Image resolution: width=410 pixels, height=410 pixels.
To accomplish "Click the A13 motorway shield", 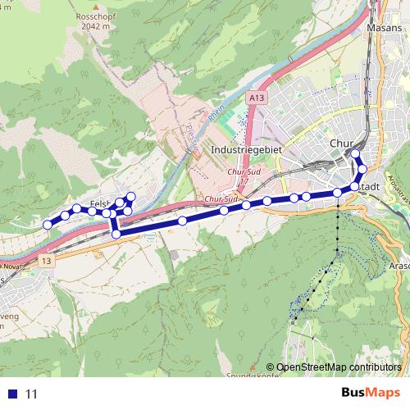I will [x=257, y=98].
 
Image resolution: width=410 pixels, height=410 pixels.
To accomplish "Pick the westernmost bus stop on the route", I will [x=48, y=224].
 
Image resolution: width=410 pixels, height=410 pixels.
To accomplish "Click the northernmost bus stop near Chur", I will [x=355, y=153].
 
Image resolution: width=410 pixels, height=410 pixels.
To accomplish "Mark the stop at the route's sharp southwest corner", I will [x=116, y=235].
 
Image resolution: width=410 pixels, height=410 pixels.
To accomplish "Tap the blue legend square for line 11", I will [x=11, y=394].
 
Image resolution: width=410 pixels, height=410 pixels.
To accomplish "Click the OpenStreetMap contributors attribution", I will [x=339, y=367].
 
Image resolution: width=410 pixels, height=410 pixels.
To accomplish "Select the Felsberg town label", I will [x=100, y=203].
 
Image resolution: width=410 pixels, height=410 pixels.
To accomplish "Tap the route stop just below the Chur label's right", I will [x=362, y=169].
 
